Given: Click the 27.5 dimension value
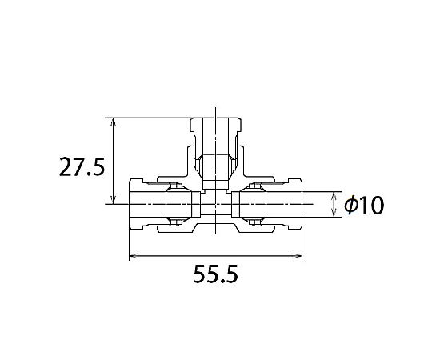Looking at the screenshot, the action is coord(82,167).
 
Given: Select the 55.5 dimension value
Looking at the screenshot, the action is coord(216,274).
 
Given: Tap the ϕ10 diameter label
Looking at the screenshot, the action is coord(364,205).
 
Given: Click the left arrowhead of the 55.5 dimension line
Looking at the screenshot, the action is coord(134,256).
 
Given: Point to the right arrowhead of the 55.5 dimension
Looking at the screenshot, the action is coord(298,256).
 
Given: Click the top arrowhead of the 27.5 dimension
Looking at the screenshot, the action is coord(114,122).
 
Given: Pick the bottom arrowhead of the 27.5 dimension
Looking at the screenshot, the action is coord(114,200).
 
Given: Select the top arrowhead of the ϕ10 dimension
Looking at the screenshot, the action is coord(334,196).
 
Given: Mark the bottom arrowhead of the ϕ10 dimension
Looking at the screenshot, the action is coord(334,212).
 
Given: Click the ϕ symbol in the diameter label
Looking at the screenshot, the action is coord(351,205).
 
